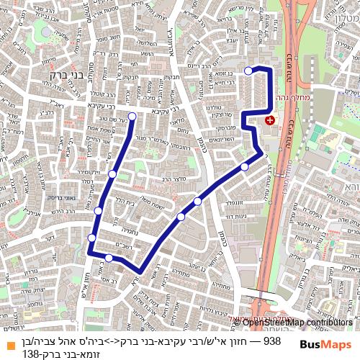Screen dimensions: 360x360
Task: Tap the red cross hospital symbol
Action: (x=269, y=121)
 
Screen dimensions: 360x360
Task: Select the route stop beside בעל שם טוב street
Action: (x=132, y=116)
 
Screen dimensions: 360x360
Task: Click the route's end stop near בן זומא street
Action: (x=248, y=70)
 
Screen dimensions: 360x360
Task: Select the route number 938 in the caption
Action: (x=272, y=340)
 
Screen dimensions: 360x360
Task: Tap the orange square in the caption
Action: (x=9, y=345)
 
